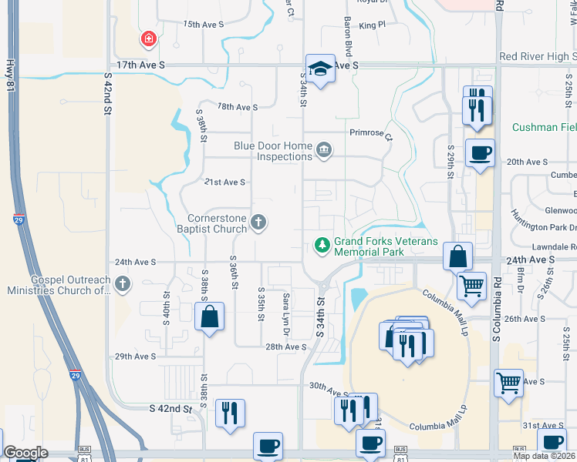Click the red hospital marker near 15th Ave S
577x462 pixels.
tap(147, 38)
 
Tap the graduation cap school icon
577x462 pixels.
tap(319, 68)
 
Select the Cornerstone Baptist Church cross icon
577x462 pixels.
tap(259, 223)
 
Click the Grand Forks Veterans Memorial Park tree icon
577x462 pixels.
tap(322, 246)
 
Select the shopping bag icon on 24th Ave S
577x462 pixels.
tap(457, 255)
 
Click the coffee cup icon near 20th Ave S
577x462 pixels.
tap(480, 152)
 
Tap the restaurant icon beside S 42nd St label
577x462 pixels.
tap(230, 412)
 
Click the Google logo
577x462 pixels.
tap(25, 453)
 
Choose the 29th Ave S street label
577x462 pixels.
tap(135, 357)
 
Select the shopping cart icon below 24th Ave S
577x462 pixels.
tap(471, 286)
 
